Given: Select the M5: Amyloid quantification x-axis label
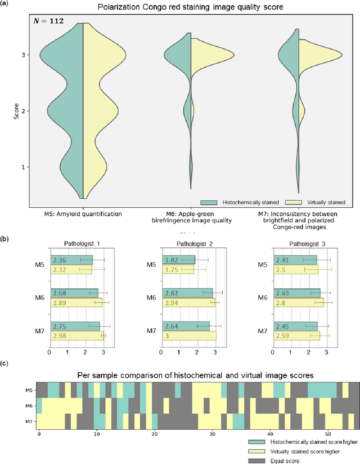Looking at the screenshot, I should coord(83,214).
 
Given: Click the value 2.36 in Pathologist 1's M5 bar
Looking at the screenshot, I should coord(60,260).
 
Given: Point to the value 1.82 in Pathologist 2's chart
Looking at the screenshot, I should coord(172,260).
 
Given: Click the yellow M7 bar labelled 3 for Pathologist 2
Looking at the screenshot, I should coord(189,336).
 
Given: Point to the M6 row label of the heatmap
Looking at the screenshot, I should coord(31,406).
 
